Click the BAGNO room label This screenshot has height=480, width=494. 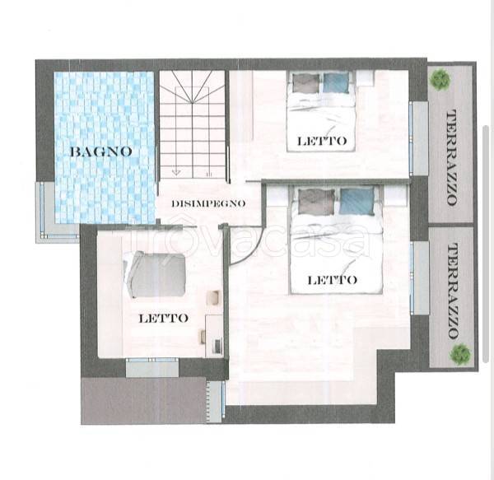coord(100,151)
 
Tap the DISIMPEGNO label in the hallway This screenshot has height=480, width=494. coord(208,203)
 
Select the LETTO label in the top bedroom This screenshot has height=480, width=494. coord(322,141)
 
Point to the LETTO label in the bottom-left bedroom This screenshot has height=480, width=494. coord(164,318)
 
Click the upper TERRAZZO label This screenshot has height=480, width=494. coord(452,157)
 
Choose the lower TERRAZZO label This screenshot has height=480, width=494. coord(453,291)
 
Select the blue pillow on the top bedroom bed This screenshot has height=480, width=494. coord(336,83)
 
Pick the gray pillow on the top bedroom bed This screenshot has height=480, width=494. coord(306,83)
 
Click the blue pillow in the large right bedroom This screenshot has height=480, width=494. coord(357,202)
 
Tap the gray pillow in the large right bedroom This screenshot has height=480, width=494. coord(316,202)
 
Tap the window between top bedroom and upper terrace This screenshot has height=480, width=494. coord(411,138)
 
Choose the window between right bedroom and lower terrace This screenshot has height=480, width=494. coord(412,277)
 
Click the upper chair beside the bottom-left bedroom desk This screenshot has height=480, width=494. coord(213,298)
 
